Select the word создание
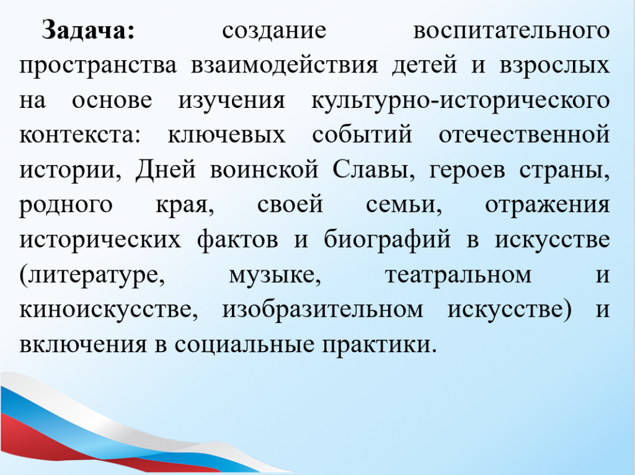click(x=273, y=31)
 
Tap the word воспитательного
click(x=511, y=31)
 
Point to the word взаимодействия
click(x=284, y=66)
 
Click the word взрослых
click(x=554, y=66)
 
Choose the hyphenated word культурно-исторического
click(x=461, y=100)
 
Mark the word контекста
click(x=79, y=135)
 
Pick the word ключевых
click(x=226, y=135)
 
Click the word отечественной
click(x=524, y=135)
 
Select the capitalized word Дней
click(x=166, y=169)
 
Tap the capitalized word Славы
click(x=374, y=169)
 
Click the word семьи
click(x=404, y=205)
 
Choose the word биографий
click(x=387, y=239)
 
